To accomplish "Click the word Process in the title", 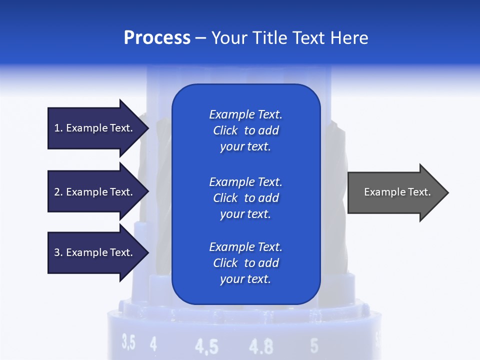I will [x=157, y=38].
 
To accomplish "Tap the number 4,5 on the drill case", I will [x=206, y=346].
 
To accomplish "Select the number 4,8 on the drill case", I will [x=261, y=346].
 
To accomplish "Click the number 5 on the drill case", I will [x=314, y=345].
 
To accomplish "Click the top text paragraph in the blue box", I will [x=245, y=130].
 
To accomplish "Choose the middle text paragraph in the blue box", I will [x=245, y=198].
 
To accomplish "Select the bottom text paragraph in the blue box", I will [x=245, y=263].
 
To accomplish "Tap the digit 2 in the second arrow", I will [x=57, y=192].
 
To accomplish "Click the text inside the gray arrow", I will [x=397, y=192].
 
